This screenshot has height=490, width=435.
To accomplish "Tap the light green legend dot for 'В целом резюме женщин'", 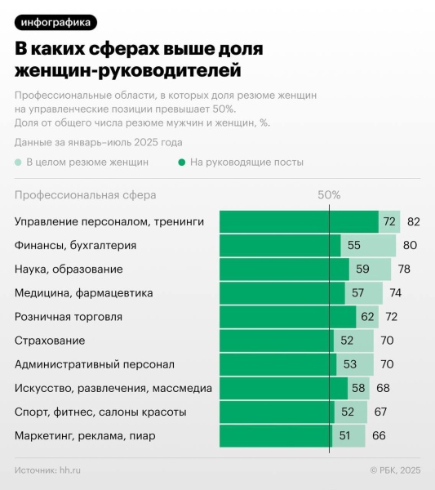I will click(19, 162).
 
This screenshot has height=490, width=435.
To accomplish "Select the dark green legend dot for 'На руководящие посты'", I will click(182, 162).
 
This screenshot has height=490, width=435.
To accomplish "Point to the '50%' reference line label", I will click(329, 196).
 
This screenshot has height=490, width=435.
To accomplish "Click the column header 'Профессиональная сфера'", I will click(85, 196).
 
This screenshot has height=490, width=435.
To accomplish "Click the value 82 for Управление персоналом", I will click(413, 222).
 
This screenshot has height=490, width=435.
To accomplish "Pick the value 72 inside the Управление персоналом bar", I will click(389, 222).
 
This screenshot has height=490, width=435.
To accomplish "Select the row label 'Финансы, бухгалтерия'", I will click(75, 245).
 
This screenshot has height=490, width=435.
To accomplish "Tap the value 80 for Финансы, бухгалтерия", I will click(410, 245).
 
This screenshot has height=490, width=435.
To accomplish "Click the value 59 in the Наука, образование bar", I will click(362, 269).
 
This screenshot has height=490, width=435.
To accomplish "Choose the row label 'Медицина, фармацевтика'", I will click(83, 292).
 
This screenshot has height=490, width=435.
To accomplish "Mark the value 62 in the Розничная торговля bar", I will click(368, 316).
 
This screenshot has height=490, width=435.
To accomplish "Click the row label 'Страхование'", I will click(50, 341).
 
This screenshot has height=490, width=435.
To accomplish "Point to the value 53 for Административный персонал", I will click(350, 364).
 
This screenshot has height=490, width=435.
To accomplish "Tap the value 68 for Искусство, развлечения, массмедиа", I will click(383, 388).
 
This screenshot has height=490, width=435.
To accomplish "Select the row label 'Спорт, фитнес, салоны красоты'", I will click(100, 412).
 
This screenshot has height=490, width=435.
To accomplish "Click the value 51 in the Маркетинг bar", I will click(345, 435).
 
